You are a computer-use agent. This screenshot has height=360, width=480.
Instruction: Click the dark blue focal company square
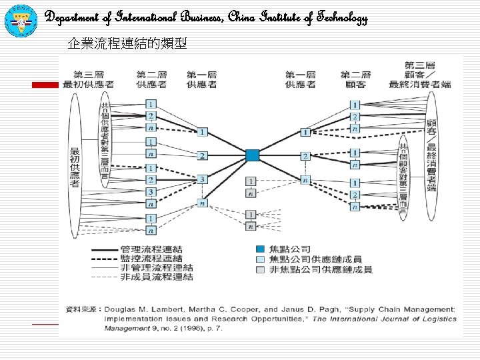[251, 155]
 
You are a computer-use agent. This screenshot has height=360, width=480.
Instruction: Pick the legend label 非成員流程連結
[157, 276]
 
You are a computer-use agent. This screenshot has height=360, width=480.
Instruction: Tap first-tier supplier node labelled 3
[202, 179]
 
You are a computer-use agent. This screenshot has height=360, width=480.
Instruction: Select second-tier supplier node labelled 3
[151, 192]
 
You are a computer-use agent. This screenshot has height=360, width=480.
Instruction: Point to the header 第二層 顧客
[355, 79]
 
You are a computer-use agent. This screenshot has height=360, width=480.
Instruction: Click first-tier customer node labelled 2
[305, 156]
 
